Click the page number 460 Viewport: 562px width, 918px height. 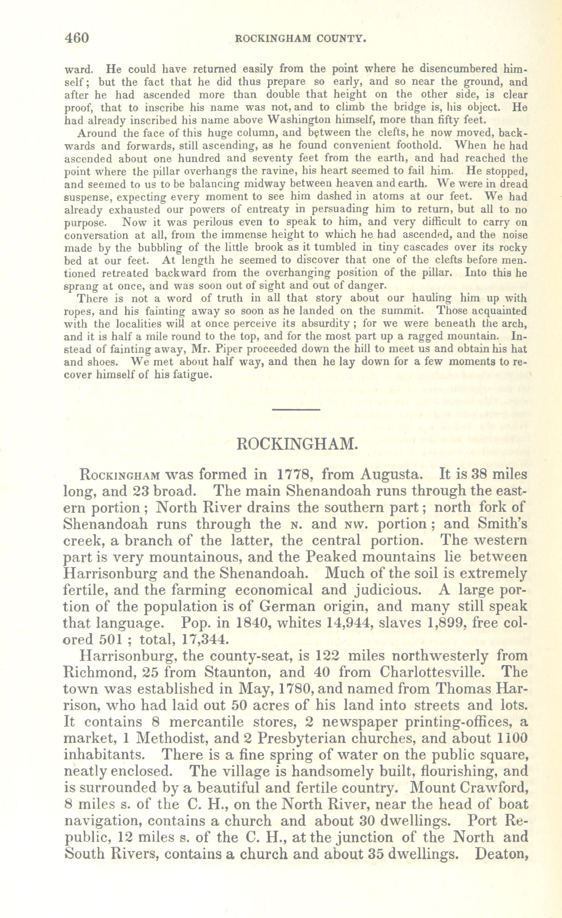tap(77, 38)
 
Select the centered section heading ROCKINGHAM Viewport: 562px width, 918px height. tap(297, 443)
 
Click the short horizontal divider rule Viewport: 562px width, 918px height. tap(295, 409)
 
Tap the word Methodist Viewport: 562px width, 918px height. tap(174, 739)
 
